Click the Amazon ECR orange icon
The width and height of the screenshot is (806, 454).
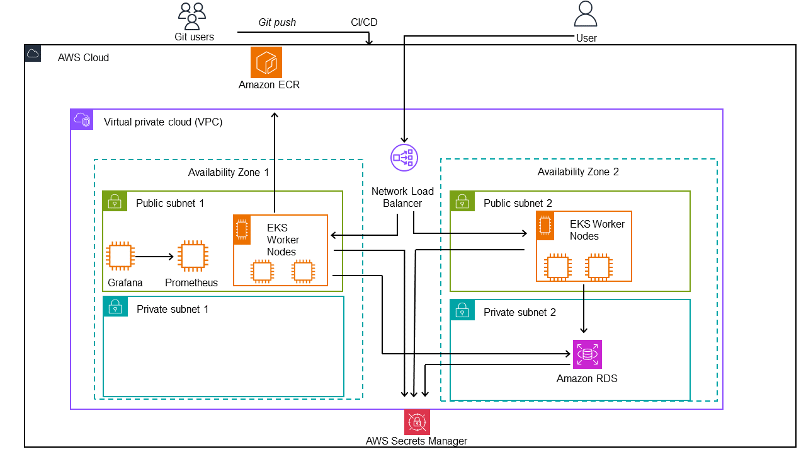click(266, 62)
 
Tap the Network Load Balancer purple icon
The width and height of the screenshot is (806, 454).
click(404, 157)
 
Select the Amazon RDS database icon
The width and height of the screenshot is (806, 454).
click(587, 354)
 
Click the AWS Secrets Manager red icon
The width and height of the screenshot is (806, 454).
click(416, 422)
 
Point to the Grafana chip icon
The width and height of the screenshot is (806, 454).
click(120, 257)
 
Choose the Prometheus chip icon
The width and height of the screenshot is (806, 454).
click(192, 257)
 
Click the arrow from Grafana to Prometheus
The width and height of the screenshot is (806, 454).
click(154, 257)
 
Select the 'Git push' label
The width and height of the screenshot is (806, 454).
click(277, 22)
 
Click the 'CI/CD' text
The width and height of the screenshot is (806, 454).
click(364, 22)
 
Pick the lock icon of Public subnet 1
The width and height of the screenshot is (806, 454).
click(114, 202)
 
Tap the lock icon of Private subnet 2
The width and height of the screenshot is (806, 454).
click(462, 310)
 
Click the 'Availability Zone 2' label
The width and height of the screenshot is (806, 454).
click(577, 172)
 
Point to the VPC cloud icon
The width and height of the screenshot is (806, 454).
click(82, 120)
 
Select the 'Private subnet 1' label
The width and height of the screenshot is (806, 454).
click(172, 309)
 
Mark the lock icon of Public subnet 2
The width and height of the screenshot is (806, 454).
click(462, 202)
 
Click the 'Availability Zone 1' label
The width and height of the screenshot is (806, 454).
click(228, 172)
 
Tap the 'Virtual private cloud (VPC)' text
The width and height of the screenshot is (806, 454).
click(162, 122)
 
